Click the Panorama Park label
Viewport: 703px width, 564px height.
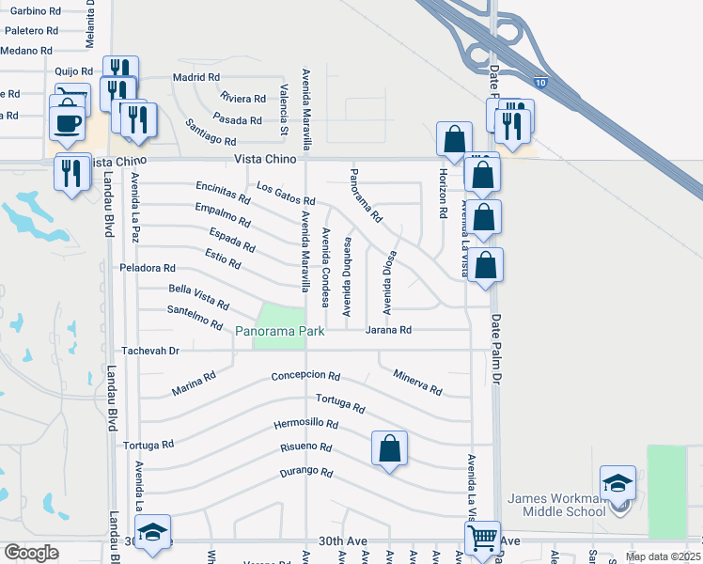280,332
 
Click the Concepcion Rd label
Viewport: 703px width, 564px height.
305,376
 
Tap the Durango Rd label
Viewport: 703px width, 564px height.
307,472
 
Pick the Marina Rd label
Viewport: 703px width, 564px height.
195,384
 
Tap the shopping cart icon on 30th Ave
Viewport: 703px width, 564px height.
481,539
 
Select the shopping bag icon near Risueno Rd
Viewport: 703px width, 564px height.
389,448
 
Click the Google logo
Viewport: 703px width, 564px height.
30,553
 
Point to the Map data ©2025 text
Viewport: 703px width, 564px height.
663,556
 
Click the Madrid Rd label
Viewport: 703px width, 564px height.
196,78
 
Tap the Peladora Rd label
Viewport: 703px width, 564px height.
148,269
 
